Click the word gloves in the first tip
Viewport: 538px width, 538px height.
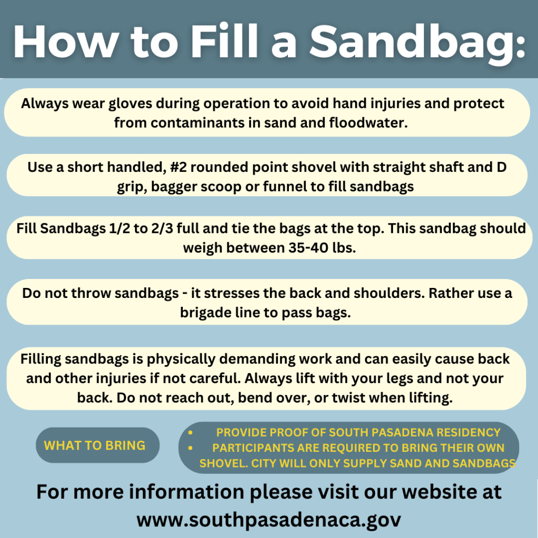point(130,104)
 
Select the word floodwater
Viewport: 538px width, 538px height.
point(368,122)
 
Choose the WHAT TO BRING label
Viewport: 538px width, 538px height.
point(95,446)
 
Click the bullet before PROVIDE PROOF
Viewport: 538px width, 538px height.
point(190,433)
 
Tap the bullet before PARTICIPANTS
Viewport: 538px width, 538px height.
point(190,448)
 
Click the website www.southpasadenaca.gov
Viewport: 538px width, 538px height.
point(268,520)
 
